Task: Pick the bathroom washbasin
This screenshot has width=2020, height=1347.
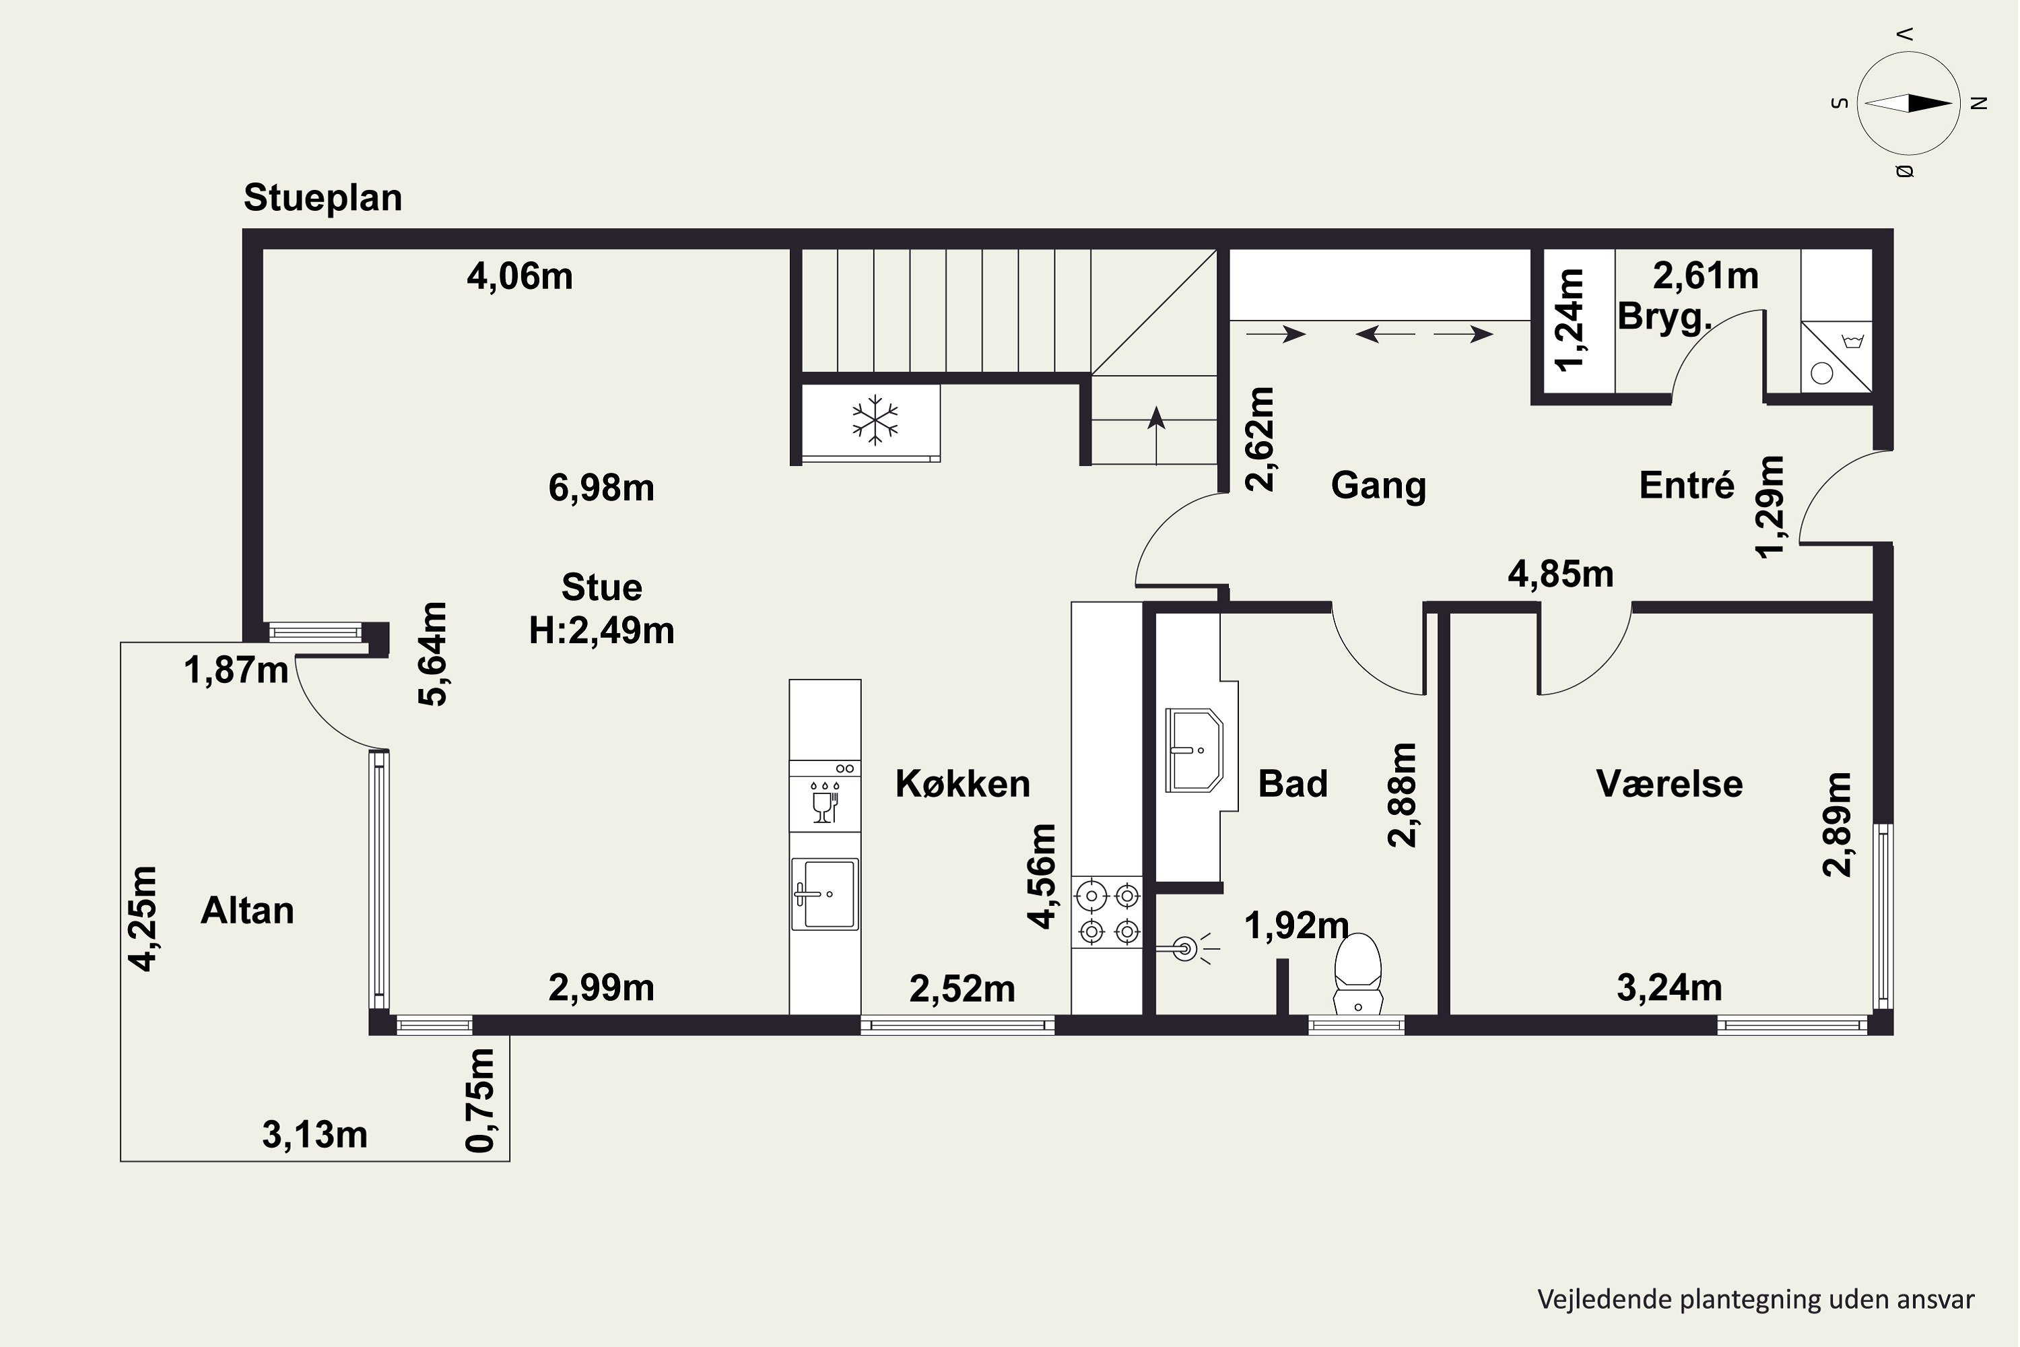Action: pos(1194,750)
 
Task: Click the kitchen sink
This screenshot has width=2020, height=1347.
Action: pos(824,894)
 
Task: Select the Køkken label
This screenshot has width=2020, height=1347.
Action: pos(963,783)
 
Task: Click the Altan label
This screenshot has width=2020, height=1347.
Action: pos(247,911)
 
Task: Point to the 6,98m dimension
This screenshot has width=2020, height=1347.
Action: pos(601,488)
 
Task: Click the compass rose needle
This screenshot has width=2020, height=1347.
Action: pos(1908,103)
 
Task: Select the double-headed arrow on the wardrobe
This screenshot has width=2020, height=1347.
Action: pos(1385,334)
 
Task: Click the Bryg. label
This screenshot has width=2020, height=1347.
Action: pos(1664,317)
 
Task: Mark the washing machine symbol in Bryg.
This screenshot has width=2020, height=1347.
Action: pos(1836,358)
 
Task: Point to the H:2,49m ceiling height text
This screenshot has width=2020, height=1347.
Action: pos(601,632)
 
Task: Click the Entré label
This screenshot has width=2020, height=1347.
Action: pos(1687,486)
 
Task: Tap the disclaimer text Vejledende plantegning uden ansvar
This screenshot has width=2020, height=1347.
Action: pos(1755,1300)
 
